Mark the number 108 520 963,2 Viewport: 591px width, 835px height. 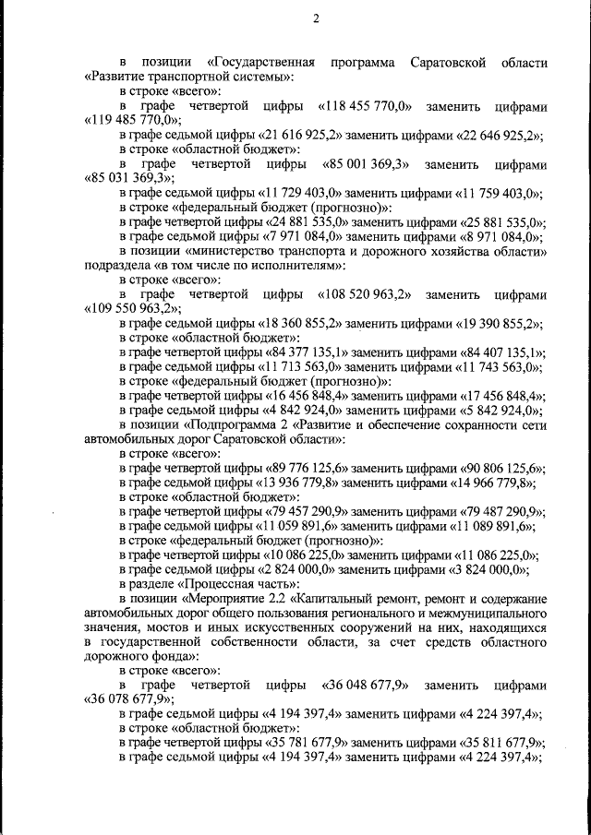[369, 294]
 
